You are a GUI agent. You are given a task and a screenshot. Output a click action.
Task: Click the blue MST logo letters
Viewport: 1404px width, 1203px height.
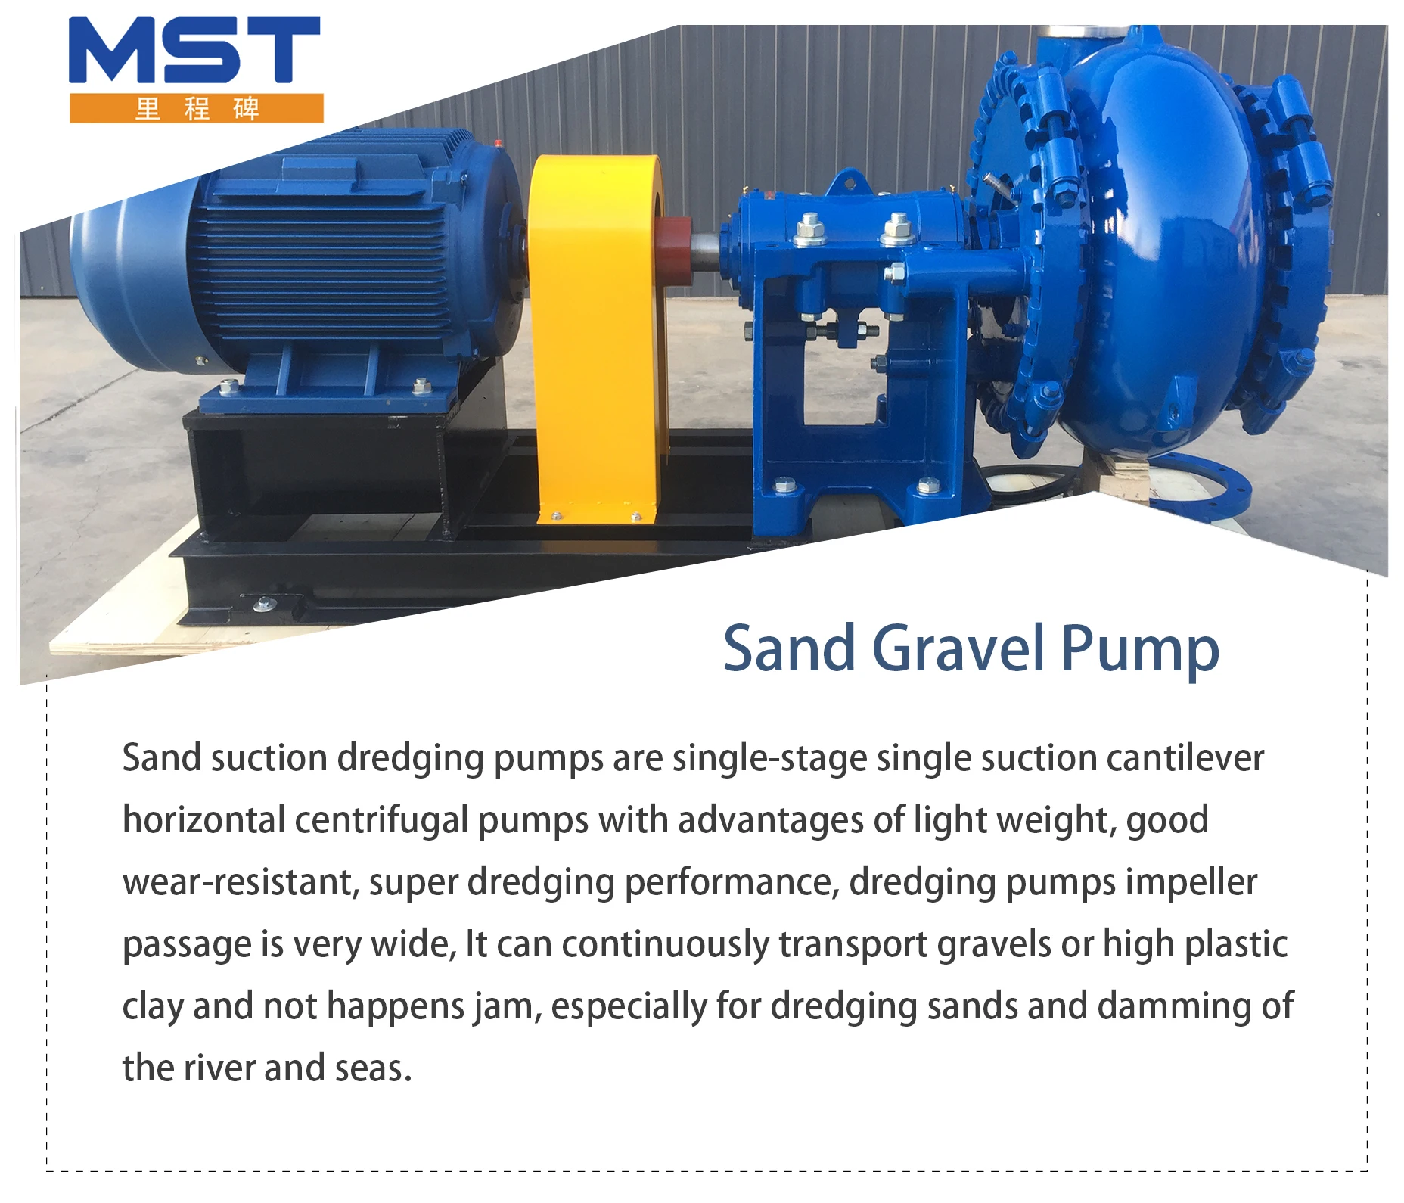tap(194, 50)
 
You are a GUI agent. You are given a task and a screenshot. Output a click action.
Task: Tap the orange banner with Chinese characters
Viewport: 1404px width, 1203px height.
tap(196, 108)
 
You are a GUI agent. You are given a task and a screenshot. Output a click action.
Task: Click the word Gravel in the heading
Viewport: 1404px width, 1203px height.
tap(960, 648)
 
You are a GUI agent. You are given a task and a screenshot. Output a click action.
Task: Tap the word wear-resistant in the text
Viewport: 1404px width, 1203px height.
tap(241, 882)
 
